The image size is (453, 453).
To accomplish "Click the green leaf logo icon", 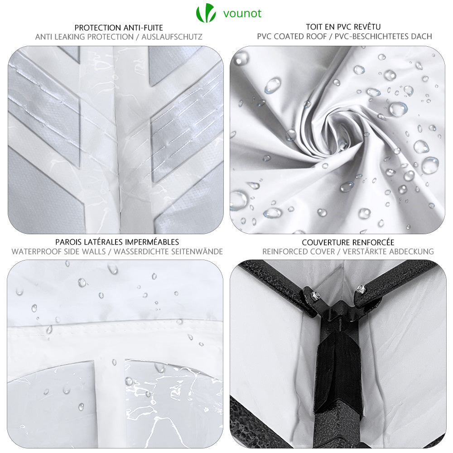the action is (206, 13).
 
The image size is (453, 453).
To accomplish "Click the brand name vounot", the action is (242, 13).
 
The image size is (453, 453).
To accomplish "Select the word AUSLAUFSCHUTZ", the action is (172, 37).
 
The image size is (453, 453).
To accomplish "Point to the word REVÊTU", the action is (366, 27).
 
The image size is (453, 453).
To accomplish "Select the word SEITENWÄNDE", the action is (197, 251).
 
